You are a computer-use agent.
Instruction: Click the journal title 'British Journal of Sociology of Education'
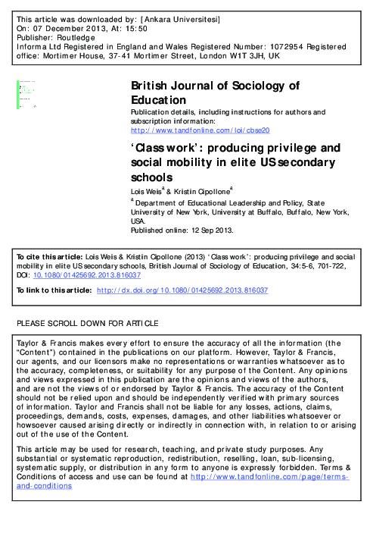point(215,92)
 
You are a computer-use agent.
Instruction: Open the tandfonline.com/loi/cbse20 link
point(194,130)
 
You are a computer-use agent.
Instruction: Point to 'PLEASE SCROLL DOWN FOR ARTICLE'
point(87,323)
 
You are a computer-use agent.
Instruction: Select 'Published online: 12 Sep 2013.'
point(182,230)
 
